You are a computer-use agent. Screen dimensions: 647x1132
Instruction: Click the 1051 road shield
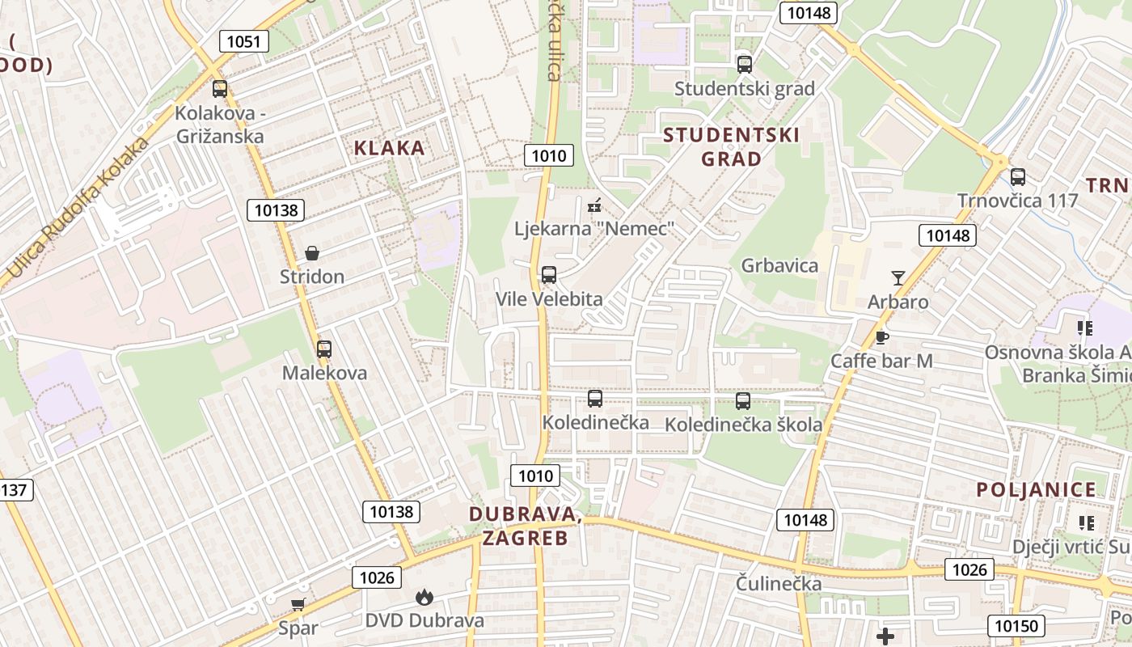pos(243,41)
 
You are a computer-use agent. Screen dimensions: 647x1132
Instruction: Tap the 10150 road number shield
pos(1016,625)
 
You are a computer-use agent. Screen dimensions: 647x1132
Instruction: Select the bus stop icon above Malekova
pos(324,349)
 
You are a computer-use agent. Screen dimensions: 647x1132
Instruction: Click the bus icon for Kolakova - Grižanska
pos(220,89)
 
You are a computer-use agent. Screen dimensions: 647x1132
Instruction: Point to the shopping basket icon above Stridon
pos(312,253)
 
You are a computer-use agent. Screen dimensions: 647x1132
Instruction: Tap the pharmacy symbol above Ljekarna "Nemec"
pos(594,206)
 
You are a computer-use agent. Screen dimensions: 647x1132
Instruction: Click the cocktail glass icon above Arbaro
pos(898,278)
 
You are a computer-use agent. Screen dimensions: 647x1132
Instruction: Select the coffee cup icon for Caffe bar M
pos(881,337)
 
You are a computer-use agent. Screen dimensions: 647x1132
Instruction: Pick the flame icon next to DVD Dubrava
pos(424,598)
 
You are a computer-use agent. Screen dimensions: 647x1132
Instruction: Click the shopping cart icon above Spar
pos(298,604)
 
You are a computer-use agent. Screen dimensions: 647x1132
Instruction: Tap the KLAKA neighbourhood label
pos(390,147)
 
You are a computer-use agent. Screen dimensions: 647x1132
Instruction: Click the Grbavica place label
pos(779,265)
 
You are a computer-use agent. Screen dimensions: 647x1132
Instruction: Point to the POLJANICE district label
pos(1036,489)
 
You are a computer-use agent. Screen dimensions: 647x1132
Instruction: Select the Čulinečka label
pos(779,583)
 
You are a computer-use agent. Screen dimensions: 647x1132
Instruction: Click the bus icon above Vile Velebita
pos(549,275)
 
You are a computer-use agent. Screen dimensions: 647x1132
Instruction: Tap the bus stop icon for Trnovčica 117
pos(1018,177)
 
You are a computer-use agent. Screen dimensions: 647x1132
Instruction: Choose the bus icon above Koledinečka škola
pos(743,400)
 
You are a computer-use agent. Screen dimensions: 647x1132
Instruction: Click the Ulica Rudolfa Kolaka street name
pos(78,208)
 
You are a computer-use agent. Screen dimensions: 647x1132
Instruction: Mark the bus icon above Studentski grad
pos(745,65)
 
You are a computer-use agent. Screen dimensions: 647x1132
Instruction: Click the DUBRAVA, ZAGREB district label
pos(526,525)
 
